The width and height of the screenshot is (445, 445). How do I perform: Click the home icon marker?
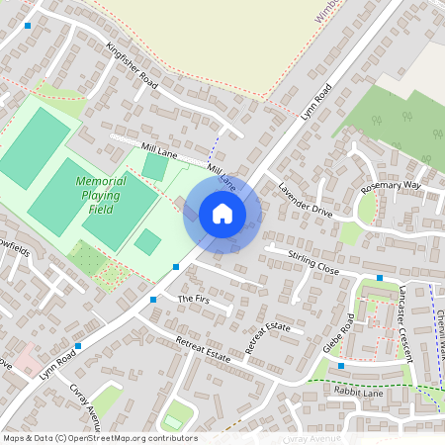point(222,214)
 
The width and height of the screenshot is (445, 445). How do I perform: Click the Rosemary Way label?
point(391,186)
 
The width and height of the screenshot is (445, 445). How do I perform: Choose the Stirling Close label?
point(313,263)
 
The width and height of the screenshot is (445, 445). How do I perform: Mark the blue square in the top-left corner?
point(28,26)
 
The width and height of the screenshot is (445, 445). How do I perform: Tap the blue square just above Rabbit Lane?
point(341,366)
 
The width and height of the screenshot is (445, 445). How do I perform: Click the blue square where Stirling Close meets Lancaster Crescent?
point(380,278)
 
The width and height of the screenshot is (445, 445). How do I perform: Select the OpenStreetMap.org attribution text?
point(99,438)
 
